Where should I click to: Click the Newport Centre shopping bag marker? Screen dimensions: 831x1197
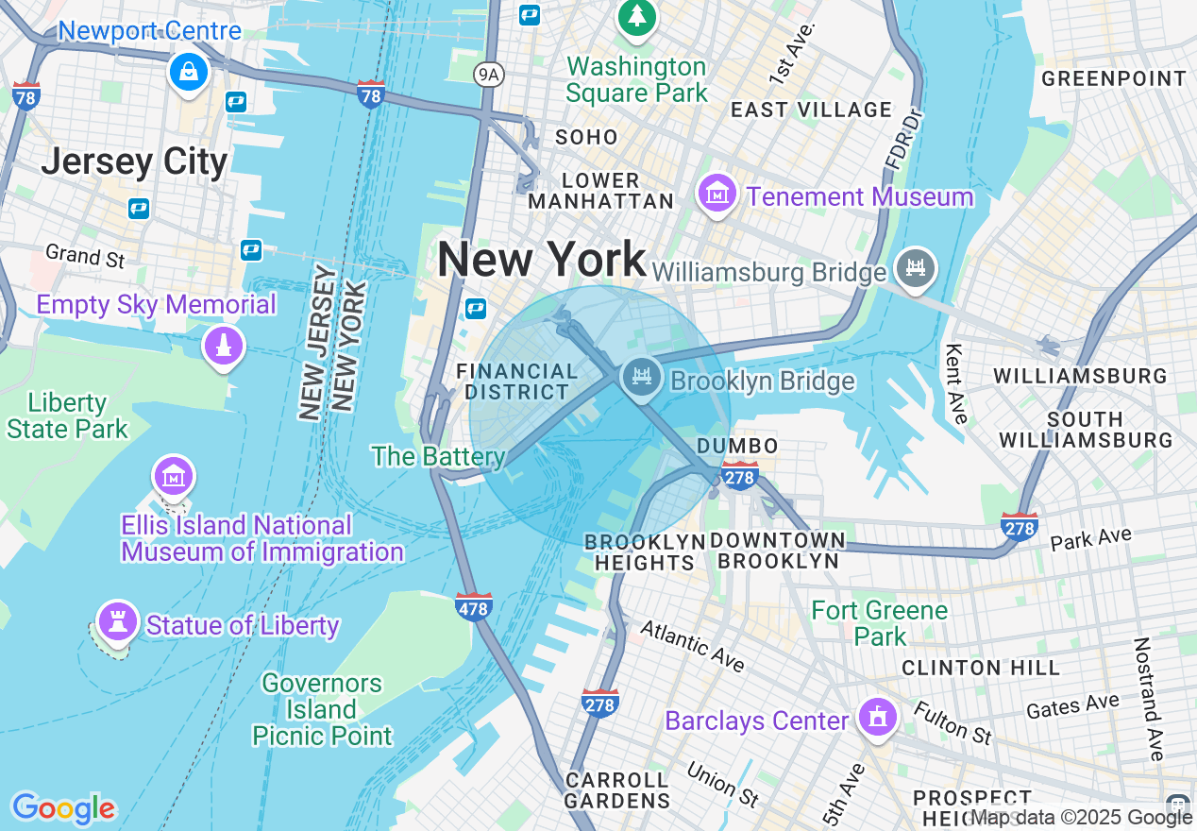click(189, 71)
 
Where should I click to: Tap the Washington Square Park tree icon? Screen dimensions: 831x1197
click(637, 17)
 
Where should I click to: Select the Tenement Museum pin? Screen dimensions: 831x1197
click(717, 194)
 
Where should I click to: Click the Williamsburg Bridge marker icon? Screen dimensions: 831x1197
click(916, 267)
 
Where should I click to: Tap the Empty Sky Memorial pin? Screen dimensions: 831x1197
click(224, 346)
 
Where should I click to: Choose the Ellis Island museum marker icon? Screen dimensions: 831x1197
click(174, 477)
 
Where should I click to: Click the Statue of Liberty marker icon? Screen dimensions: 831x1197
click(118, 621)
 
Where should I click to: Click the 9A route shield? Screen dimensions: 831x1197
click(487, 74)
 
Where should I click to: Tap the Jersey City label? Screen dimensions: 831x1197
click(134, 161)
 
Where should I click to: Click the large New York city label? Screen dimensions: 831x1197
click(542, 259)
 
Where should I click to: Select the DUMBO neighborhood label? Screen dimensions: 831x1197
click(737, 446)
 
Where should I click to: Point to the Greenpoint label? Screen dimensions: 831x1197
click(1114, 78)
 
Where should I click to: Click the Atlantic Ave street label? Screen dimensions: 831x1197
click(692, 647)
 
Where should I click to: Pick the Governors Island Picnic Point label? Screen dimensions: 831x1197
click(321, 708)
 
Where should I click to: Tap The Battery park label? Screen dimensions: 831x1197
click(438, 457)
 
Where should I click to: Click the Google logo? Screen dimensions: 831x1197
click(63, 808)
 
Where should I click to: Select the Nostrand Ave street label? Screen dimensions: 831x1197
click(1150, 699)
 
